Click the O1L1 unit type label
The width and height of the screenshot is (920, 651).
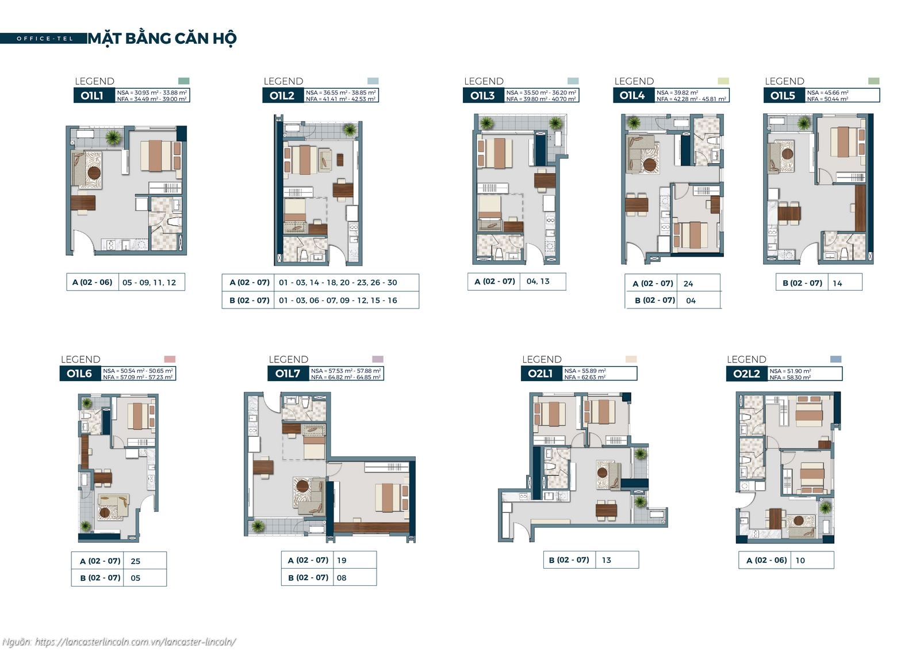[92, 96]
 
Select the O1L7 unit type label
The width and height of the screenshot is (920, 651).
[287, 374]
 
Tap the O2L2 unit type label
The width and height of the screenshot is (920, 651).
[746, 374]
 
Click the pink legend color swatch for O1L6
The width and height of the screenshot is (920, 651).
[170, 359]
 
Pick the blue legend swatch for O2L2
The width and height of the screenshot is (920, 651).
[836, 359]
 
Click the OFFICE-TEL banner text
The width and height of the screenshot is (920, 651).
[45, 39]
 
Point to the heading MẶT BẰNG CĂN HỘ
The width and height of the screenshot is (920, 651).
[162, 39]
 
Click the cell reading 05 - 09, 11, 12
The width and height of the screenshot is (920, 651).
[149, 283]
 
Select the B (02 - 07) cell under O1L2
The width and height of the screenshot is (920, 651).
[249, 300]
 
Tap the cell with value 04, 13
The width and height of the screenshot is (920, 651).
[538, 281]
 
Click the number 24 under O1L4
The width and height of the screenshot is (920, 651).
[688, 284]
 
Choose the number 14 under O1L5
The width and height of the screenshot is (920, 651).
[837, 283]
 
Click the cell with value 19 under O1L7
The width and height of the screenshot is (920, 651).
[342, 560]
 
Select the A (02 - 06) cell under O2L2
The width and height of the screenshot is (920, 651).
[766, 560]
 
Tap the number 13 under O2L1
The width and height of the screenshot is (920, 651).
[607, 560]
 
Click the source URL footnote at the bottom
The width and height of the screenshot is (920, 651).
[119, 642]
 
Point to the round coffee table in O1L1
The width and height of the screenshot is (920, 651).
[94, 172]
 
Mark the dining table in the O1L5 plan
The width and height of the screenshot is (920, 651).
[789, 214]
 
